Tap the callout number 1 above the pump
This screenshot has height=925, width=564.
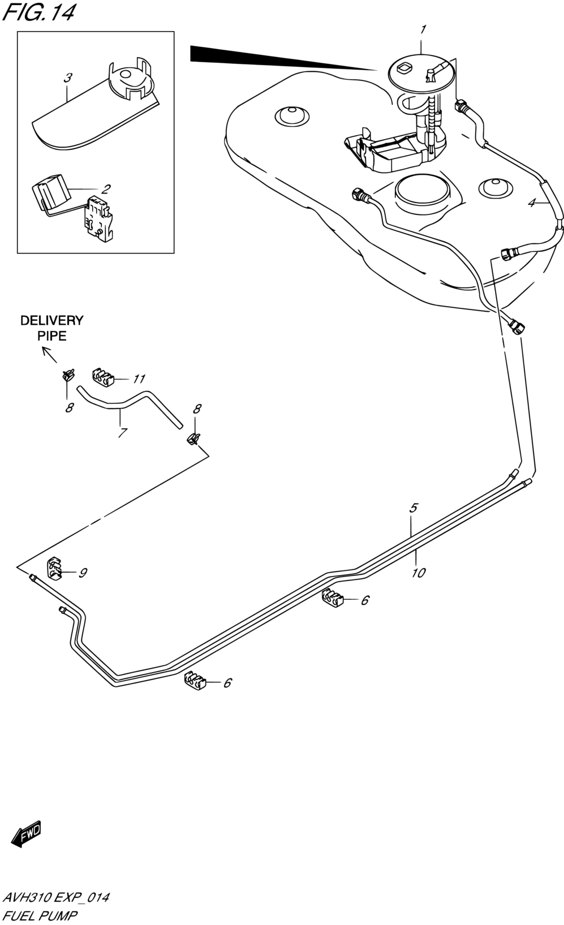click(423, 30)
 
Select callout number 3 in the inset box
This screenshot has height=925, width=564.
click(68, 78)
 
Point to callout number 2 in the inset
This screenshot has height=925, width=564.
click(106, 189)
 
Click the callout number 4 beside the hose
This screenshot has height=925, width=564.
click(532, 203)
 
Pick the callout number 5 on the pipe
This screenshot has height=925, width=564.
click(414, 507)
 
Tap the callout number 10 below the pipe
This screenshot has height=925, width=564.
click(418, 573)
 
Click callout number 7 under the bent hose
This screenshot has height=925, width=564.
click(123, 433)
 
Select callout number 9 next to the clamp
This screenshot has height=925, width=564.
click(83, 573)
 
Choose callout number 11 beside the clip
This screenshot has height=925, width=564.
click(139, 378)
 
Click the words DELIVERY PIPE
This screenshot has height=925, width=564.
click(52, 328)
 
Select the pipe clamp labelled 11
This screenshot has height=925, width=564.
click(102, 377)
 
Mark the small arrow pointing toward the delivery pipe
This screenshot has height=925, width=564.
click(49, 355)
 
